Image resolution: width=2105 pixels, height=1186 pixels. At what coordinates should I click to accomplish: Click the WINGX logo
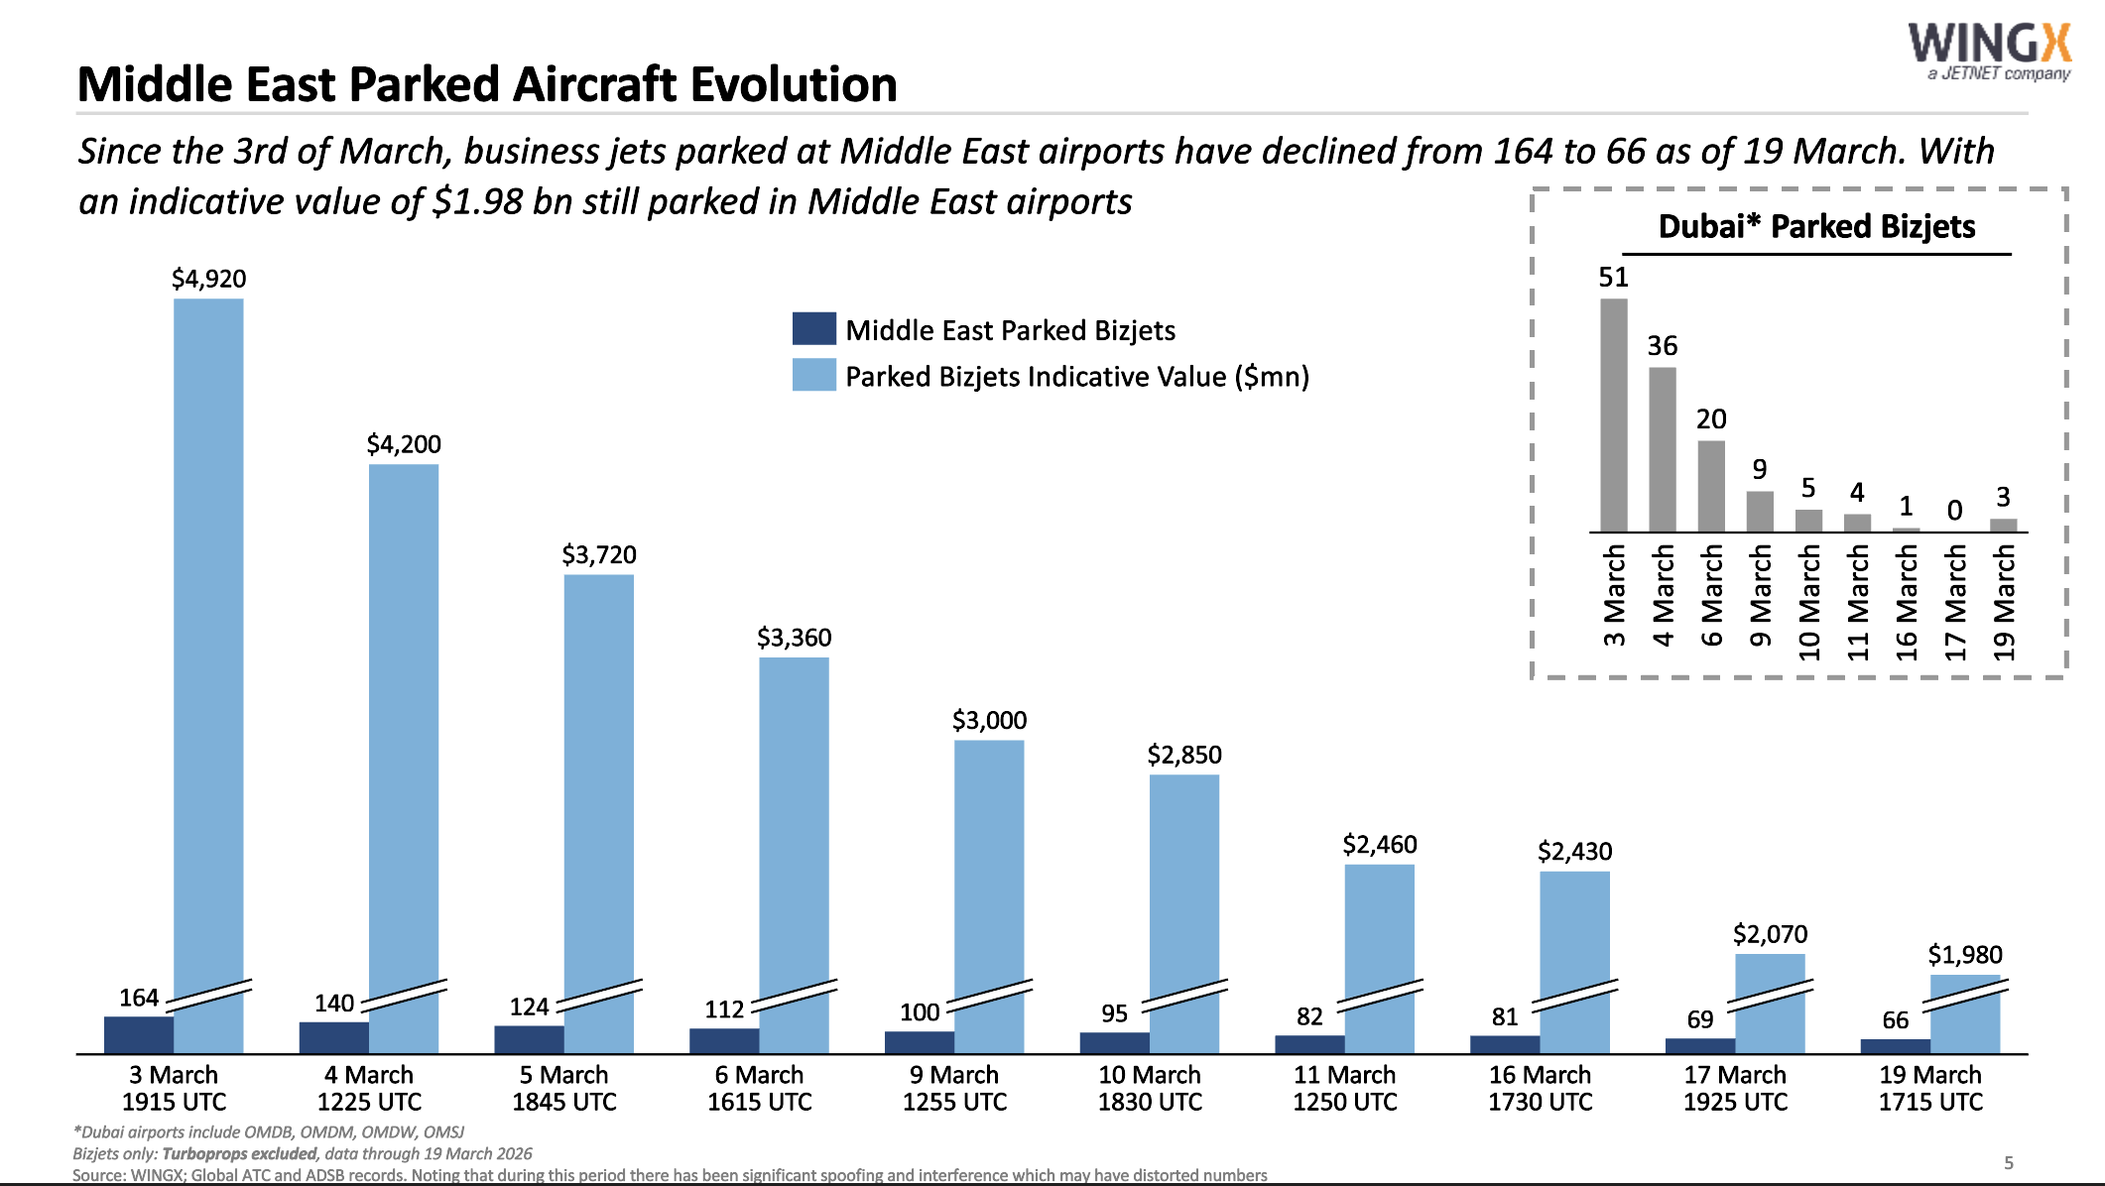tap(1989, 50)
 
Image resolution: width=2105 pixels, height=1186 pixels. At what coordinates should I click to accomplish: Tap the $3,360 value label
tap(794, 638)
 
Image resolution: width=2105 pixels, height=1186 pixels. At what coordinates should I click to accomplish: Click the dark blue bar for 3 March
tap(139, 1034)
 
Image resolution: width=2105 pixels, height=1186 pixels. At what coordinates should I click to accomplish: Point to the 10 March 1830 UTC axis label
tap(1149, 1088)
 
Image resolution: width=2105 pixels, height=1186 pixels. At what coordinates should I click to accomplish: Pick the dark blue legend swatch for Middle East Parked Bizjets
tap(813, 328)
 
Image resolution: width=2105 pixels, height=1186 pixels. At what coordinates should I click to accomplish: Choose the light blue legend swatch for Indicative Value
tap(813, 375)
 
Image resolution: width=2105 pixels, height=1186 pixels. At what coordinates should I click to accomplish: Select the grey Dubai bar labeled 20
tap(1711, 486)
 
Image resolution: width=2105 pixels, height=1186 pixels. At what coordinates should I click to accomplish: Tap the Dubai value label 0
tap(1954, 510)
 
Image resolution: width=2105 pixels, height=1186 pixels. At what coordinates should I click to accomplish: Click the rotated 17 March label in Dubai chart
tap(1955, 603)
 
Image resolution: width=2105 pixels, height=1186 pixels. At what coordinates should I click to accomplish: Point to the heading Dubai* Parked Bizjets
tap(1816, 226)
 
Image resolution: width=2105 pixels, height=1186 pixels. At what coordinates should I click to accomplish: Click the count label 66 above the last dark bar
tap(1895, 1020)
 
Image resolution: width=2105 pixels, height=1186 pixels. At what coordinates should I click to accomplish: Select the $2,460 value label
tap(1379, 845)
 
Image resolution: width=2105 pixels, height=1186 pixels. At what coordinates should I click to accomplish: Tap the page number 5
tap(2008, 1162)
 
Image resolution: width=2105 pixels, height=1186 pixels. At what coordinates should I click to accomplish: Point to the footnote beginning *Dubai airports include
tap(269, 1131)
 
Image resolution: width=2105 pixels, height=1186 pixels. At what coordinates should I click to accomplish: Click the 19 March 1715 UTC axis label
tap(1929, 1088)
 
